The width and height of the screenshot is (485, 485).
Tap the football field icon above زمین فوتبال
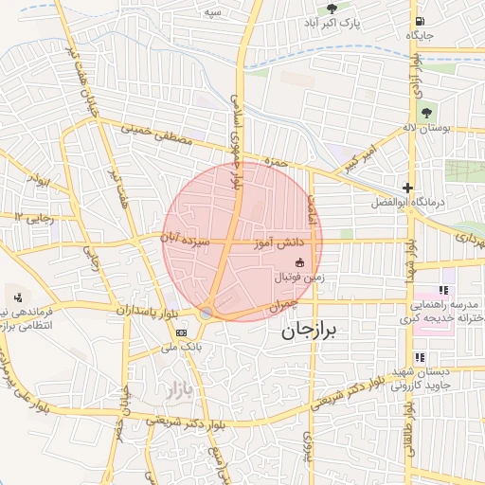click(300, 262)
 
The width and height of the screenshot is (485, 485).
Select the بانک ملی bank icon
click(181, 332)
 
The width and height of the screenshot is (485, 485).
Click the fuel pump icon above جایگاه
click(419, 21)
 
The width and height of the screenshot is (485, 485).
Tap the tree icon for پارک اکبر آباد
click(331, 7)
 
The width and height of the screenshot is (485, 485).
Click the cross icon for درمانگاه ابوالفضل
click(407, 188)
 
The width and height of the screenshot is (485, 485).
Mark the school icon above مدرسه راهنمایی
click(441, 291)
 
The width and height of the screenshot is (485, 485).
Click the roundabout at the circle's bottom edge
click(207, 313)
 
